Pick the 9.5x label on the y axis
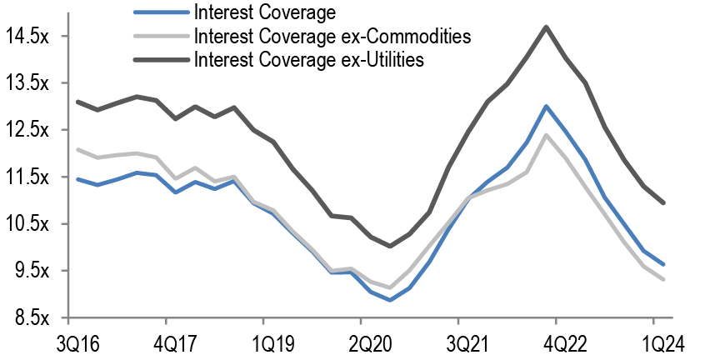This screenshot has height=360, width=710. (32, 271)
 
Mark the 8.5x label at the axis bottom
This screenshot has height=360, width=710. (32, 317)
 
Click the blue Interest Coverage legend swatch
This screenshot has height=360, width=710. (160, 13)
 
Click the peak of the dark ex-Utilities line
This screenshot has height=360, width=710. (546, 27)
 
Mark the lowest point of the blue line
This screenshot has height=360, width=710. (390, 300)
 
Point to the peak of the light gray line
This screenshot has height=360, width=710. (546, 135)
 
